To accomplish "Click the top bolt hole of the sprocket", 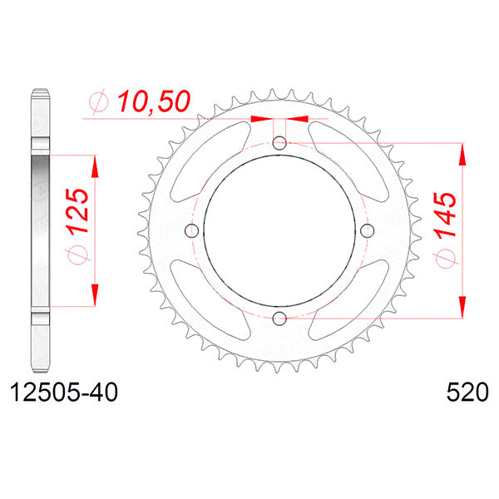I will tap(279, 142).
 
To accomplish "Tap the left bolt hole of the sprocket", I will tap(191, 230).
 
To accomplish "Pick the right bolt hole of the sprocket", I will tap(368, 230).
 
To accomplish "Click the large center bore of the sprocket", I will tap(279, 230).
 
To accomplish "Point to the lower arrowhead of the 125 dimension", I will tap(94, 295).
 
